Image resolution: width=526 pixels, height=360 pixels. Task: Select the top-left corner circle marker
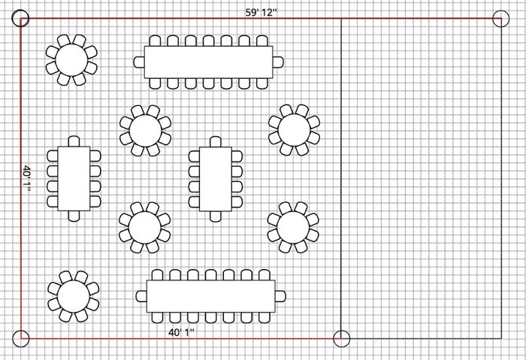tap(22, 19)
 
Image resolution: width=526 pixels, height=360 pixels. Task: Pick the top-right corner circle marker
tap(500, 20)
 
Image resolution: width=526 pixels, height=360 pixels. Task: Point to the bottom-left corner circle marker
tap(22, 338)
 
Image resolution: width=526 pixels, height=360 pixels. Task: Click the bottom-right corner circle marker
tap(500, 338)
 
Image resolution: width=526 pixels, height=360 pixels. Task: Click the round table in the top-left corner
tap(71, 57)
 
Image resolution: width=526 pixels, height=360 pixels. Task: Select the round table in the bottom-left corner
tap(73, 294)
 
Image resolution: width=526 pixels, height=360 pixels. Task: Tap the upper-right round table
tap(295, 129)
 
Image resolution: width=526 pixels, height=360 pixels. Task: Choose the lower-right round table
tap(294, 225)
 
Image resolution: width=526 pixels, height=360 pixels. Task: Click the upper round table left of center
tap(145, 130)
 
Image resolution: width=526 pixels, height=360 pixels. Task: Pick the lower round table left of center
tap(144, 226)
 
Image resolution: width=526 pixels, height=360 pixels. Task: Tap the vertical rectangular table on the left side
tap(74, 177)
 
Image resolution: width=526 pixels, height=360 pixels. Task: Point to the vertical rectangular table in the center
tap(215, 179)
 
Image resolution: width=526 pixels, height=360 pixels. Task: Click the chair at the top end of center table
tap(215, 141)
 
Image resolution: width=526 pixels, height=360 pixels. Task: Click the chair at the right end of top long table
tap(278, 62)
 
